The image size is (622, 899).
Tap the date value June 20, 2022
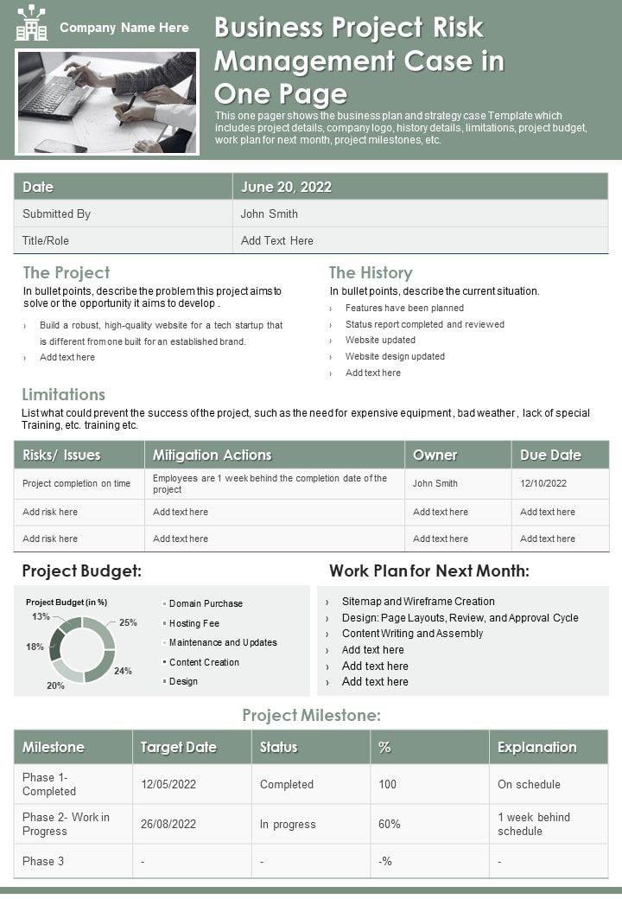pos(286,187)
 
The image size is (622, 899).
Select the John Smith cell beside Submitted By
pos(269,214)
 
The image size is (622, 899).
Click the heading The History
pos(371,272)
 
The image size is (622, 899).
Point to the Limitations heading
pos(63,394)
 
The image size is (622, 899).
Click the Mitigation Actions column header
pos(213,455)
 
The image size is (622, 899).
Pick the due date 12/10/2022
pos(543,483)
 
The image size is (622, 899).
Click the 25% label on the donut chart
pos(128,622)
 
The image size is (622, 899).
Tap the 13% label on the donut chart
pos(41,616)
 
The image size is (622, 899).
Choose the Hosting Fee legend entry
pos(194,623)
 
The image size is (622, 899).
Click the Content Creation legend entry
pos(204,662)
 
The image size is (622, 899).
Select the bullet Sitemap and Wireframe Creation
pos(418,601)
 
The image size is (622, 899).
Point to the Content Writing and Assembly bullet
pos(412,634)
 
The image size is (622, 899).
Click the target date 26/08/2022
pos(168,824)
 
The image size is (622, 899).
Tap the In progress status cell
pos(288,824)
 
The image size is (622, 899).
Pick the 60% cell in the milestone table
pos(390,824)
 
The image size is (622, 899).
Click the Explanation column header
pos(536,747)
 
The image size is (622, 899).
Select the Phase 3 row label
pos(43,861)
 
